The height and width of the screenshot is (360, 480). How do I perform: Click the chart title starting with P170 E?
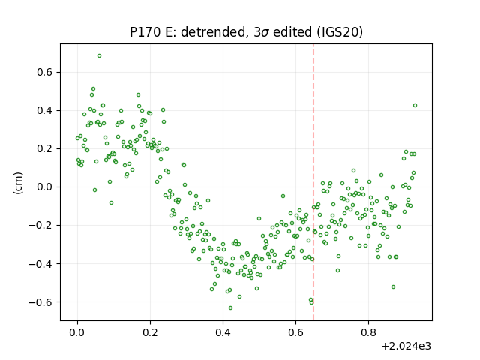(x=246, y=32)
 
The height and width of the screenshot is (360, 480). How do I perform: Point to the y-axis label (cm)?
(x=18, y=183)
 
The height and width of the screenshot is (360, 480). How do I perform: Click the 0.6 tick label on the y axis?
(x=45, y=72)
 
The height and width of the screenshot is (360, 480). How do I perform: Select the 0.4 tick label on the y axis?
(x=45, y=110)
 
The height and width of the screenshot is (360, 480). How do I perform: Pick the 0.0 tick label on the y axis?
(x=45, y=187)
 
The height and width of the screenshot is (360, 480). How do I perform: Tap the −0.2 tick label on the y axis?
(x=40, y=225)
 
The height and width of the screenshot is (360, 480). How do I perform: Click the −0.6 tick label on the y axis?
(x=40, y=302)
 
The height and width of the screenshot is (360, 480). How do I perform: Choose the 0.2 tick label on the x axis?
(x=150, y=332)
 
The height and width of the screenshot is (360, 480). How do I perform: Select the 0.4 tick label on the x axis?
(x=223, y=332)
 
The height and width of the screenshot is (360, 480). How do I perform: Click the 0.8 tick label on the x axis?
(x=368, y=332)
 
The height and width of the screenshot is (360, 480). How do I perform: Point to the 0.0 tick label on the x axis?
(x=77, y=332)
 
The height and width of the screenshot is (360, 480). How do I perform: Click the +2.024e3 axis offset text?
(x=406, y=346)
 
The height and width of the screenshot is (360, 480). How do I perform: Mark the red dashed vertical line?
(x=313, y=182)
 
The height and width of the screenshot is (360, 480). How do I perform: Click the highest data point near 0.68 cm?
(x=99, y=56)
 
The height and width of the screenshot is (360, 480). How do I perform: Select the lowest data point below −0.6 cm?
(x=230, y=307)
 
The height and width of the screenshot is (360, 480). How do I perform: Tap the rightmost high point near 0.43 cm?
(x=415, y=105)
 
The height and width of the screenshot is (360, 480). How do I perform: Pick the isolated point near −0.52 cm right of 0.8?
(x=393, y=286)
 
